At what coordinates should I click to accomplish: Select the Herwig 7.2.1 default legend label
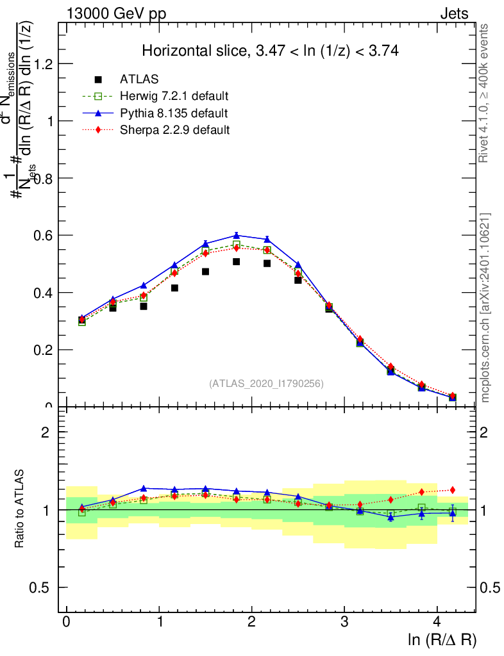click(174, 96)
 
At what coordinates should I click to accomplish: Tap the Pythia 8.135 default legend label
click(174, 113)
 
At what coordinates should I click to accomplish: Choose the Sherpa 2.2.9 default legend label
click(175, 130)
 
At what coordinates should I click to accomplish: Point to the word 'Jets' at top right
click(454, 13)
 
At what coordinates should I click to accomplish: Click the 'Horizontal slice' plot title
click(270, 51)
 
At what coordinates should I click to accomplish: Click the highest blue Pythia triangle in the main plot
click(237, 236)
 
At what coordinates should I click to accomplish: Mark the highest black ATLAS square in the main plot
click(237, 261)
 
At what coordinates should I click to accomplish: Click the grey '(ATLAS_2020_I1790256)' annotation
click(266, 383)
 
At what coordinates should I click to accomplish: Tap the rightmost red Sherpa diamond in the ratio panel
click(453, 490)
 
